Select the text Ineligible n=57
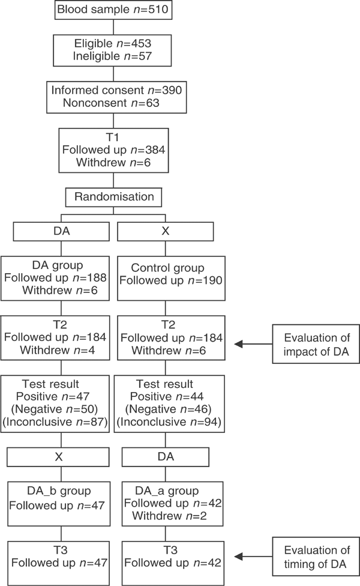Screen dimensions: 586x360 pos(113,56)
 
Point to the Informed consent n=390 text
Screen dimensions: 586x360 pos(113,90)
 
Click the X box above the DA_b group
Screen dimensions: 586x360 pos(59,457)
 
